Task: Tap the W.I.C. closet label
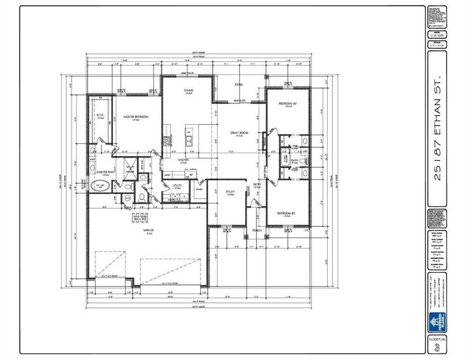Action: click(x=100, y=115)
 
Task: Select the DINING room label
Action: click(x=188, y=90)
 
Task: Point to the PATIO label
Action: click(x=239, y=84)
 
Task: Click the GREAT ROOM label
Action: click(x=239, y=133)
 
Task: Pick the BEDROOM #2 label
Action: click(x=286, y=213)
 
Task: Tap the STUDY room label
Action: click(x=230, y=192)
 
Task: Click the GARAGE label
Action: click(x=149, y=230)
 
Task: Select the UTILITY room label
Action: click(x=177, y=186)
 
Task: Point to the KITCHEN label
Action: click(x=183, y=160)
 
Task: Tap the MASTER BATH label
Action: click(x=106, y=172)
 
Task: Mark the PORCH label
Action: click(x=257, y=231)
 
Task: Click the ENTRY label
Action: click(x=257, y=185)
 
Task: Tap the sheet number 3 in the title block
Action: click(x=437, y=347)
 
